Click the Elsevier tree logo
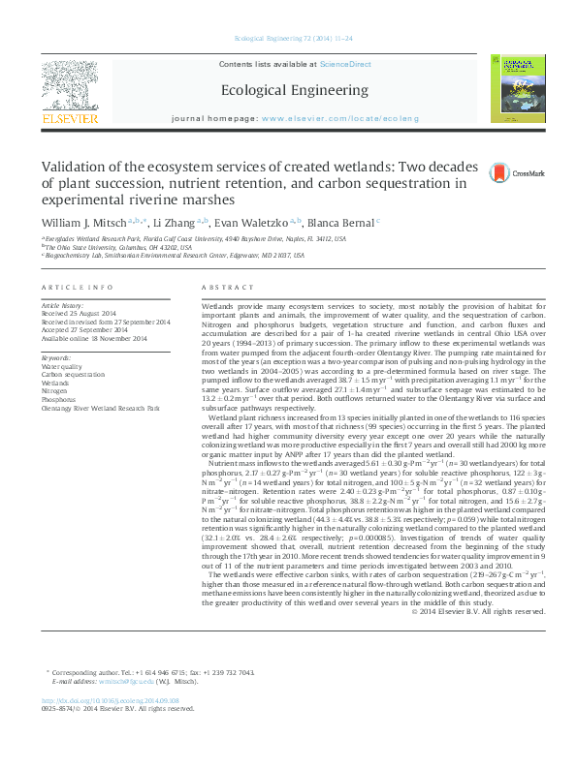coord(69,88)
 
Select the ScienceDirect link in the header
coord(346,64)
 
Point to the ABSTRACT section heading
coord(226,289)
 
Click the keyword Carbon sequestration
coord(73,374)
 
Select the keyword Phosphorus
coord(59,397)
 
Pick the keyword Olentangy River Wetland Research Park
coord(100,408)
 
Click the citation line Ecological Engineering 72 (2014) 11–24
coord(288,40)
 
